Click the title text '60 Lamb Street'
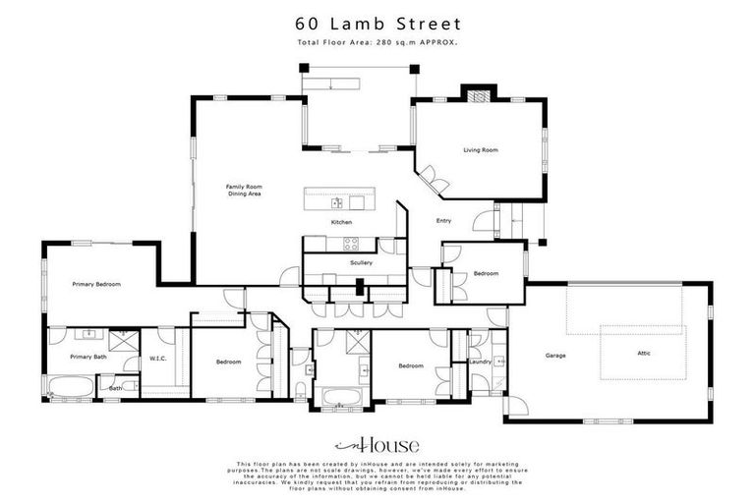pyautogui.click(x=377, y=23)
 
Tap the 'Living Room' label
pyautogui.click(x=482, y=150)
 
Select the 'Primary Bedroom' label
pyautogui.click(x=96, y=284)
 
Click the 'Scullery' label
pyautogui.click(x=361, y=263)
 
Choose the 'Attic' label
pyautogui.click(x=643, y=353)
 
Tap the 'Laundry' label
pyautogui.click(x=481, y=362)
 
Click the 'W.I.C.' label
pyautogui.click(x=158, y=358)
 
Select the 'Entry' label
pyautogui.click(x=443, y=221)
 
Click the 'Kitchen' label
pyautogui.click(x=341, y=222)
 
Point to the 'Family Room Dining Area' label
pyautogui.click(x=243, y=191)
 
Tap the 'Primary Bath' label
pyautogui.click(x=87, y=357)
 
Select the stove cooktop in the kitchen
pyautogui.click(x=352, y=245)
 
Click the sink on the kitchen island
pyautogui.click(x=336, y=203)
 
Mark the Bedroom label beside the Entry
pyautogui.click(x=487, y=273)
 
